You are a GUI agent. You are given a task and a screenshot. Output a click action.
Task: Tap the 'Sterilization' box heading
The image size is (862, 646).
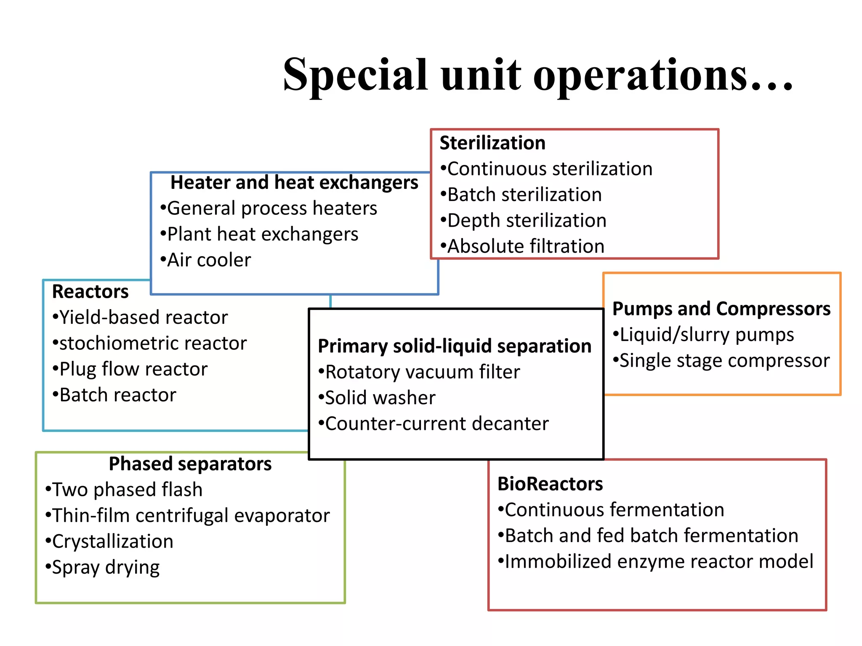(492, 143)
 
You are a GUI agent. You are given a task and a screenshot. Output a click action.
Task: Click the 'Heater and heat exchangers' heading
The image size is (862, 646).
(294, 183)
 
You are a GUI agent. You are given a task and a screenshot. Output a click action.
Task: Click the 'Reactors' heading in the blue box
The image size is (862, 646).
(90, 291)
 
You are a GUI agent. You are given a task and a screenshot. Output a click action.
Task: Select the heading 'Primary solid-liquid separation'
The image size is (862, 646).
(455, 346)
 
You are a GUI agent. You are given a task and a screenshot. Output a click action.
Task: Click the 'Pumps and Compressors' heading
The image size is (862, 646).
(721, 309)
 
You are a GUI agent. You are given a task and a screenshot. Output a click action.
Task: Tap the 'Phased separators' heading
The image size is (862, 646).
(190, 464)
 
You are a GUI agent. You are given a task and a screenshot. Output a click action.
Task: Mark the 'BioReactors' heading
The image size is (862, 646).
(550, 484)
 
